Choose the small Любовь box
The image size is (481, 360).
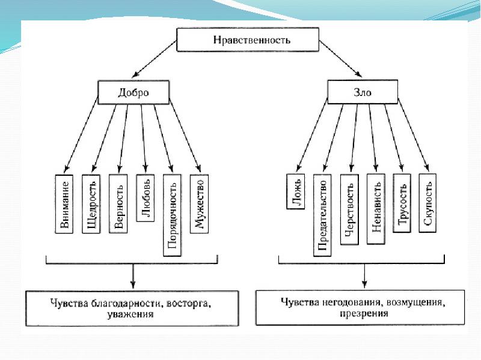[146, 198]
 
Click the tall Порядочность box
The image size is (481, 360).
[172, 215]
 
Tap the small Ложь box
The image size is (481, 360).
[296, 191]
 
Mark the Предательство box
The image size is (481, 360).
[322, 215]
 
